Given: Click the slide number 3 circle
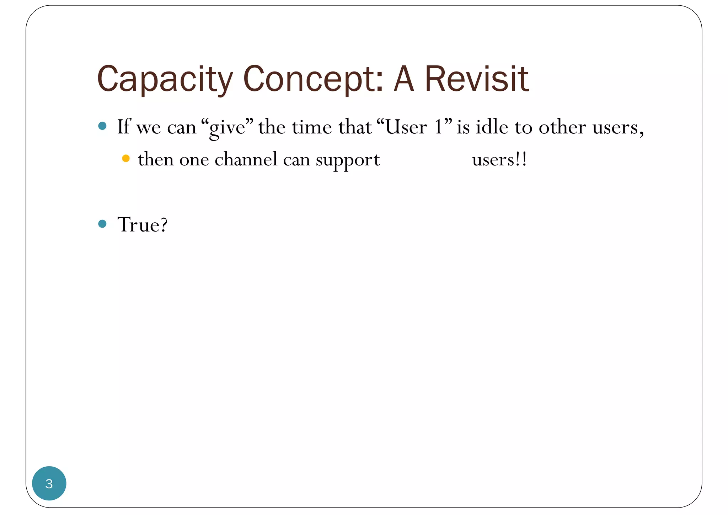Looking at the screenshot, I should coord(49,483).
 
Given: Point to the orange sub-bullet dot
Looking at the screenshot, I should coord(126,158).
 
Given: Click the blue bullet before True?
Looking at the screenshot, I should coord(102,224).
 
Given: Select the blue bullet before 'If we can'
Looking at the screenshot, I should coord(102,126).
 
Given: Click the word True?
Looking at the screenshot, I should coord(142,225).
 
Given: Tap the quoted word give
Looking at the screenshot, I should coord(227,128).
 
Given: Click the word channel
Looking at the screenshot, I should coord(246,159).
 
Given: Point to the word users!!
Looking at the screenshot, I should coord(499,160).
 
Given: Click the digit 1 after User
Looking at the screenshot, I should coord(439,127).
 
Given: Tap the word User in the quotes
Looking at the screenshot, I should coord(406,127).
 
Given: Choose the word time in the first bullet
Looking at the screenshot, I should coord(312,127).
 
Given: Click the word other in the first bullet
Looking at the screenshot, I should coord(562,127).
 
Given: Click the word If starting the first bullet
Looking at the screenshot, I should coord(124,126).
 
